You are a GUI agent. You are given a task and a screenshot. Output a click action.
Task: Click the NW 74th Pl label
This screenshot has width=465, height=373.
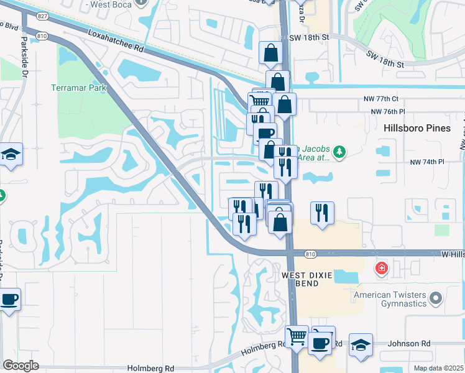pos(426,162)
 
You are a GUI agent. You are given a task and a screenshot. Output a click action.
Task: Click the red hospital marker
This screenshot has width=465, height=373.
pos(380,269)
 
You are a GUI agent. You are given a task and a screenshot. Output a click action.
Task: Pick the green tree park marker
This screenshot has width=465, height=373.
pos(339,152)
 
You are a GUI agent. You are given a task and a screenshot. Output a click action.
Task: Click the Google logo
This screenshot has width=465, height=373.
pos(21,366)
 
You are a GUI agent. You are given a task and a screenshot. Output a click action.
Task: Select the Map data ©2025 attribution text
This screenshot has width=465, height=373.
pos(439,368)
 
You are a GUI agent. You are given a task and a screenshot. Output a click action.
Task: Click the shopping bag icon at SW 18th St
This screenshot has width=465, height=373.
pos(271,53)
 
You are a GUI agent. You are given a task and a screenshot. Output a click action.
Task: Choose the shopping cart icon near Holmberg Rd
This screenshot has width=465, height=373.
pos(297,338)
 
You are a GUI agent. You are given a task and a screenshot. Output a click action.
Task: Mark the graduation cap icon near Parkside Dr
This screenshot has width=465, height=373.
pos(11,154)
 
